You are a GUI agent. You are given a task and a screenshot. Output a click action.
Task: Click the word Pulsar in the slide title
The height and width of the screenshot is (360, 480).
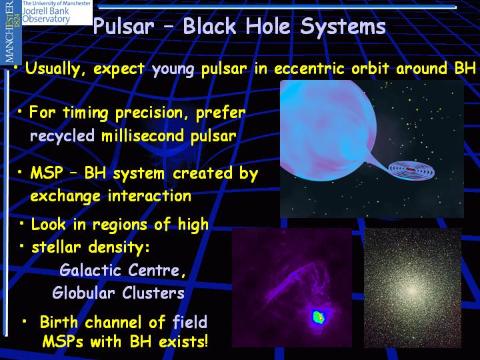pos(124,26)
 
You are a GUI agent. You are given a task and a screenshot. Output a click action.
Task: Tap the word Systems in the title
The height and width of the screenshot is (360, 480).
pos(343,27)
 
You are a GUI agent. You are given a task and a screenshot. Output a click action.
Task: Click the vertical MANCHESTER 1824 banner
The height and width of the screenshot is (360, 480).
pos(11,31)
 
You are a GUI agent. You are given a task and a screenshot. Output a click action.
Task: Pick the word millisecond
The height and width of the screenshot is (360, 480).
pos(143,135)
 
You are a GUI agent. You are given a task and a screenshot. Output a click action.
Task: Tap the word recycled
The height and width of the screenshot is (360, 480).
pos(62,136)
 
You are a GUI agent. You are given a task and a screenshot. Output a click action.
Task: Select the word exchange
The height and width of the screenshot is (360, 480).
pos(65,196)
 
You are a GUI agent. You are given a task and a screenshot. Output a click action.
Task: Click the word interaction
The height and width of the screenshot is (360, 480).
pos(149,195)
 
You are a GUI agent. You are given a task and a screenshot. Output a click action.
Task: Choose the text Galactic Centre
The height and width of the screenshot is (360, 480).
pos(123,270)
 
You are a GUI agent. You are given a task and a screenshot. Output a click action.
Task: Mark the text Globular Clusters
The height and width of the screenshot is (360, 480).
pos(118,293)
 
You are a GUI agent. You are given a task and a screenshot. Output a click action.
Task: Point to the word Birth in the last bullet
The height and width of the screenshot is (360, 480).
pos(59,322)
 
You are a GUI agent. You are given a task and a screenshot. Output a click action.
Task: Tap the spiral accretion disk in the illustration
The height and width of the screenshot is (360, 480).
pos(411,170)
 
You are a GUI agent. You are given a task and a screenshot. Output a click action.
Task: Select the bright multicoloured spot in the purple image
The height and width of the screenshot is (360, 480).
pos(319,317)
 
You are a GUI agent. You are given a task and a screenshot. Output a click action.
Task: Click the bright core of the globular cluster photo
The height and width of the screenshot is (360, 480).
pos(412,290)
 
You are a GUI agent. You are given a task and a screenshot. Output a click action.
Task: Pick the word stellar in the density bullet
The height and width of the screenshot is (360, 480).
pos(56,247)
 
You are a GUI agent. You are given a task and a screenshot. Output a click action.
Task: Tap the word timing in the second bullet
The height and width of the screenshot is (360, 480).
pos(85,113)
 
